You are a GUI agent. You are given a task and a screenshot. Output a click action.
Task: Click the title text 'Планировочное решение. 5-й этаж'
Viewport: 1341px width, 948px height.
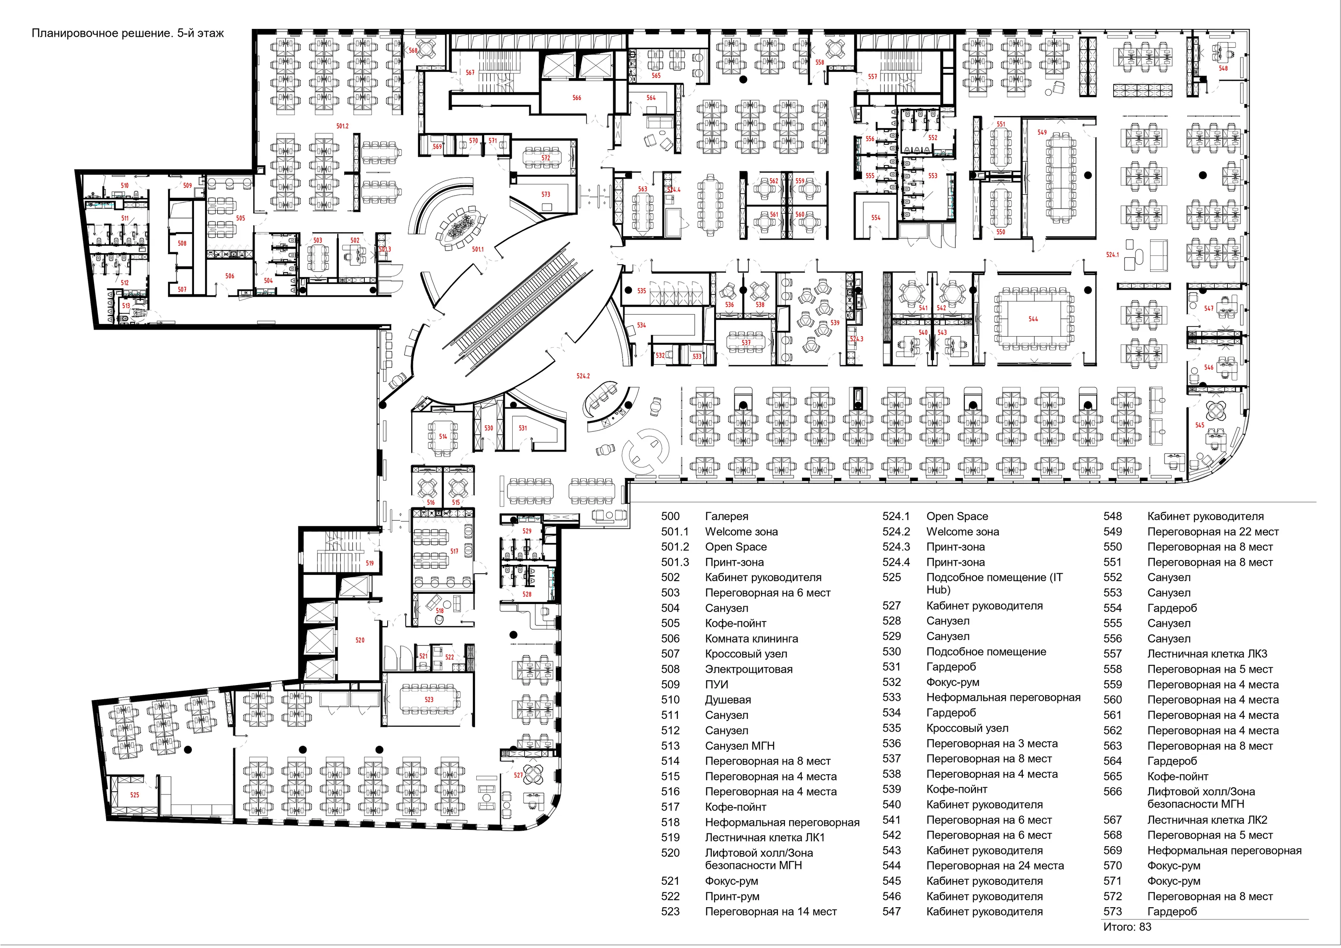point(127,33)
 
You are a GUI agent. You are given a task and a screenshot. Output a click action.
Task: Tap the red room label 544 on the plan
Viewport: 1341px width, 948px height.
point(1033,319)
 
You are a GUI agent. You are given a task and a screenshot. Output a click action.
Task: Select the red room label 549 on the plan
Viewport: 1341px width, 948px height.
point(1042,132)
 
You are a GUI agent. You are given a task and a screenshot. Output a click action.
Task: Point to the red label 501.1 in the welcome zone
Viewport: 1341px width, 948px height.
point(478,249)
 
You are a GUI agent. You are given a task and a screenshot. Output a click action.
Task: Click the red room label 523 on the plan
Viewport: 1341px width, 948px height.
point(429,699)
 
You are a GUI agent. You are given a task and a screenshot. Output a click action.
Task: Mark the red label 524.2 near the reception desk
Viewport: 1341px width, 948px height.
point(583,376)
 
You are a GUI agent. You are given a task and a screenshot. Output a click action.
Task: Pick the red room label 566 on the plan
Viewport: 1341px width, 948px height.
point(576,97)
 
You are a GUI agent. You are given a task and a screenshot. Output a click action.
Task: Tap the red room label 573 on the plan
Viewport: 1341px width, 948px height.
point(546,194)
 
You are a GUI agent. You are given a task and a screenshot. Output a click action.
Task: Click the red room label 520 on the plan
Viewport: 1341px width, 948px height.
point(360,640)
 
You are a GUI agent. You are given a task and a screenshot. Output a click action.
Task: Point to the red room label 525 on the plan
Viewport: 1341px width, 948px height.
point(134,795)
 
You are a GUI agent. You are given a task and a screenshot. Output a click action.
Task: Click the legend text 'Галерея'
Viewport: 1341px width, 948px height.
point(726,516)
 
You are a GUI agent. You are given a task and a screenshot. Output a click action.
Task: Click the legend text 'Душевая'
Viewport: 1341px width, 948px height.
point(728,700)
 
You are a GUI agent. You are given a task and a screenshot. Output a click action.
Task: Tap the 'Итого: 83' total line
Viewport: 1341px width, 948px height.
point(1127,927)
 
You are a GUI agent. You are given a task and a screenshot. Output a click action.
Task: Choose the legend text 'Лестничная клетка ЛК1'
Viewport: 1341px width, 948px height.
point(765,837)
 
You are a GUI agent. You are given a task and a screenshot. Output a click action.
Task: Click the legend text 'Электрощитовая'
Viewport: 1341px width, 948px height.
point(749,669)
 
